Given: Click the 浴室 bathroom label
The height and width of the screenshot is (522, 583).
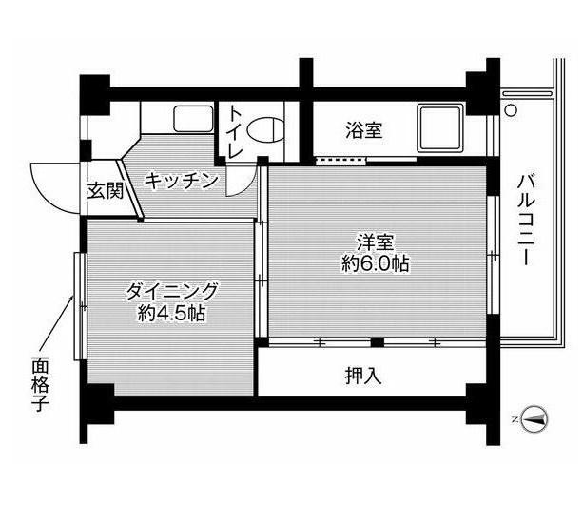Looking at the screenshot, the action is [x=364, y=130].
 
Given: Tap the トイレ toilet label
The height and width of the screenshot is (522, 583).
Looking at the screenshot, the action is [x=235, y=132].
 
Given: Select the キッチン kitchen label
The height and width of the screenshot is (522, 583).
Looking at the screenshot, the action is [x=181, y=181].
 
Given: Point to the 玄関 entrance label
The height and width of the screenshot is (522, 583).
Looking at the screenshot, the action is [x=106, y=192].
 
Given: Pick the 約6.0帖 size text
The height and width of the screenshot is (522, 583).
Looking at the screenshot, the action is [x=376, y=264].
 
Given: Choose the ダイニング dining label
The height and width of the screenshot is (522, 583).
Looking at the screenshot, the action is [x=171, y=291].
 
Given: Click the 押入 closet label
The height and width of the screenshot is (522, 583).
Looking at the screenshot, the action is [x=363, y=376].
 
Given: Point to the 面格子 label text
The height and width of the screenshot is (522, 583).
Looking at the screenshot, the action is [x=40, y=384].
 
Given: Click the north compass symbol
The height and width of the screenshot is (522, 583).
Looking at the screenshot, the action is [x=534, y=419].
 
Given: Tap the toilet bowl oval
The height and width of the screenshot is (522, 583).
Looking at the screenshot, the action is [x=267, y=129].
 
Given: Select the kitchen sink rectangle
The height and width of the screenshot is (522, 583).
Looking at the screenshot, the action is [x=193, y=118].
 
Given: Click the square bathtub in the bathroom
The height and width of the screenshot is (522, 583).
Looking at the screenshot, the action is [x=440, y=128].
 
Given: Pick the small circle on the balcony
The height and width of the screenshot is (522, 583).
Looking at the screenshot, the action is [x=511, y=110].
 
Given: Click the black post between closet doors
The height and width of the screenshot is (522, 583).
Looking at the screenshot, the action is [x=377, y=342].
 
